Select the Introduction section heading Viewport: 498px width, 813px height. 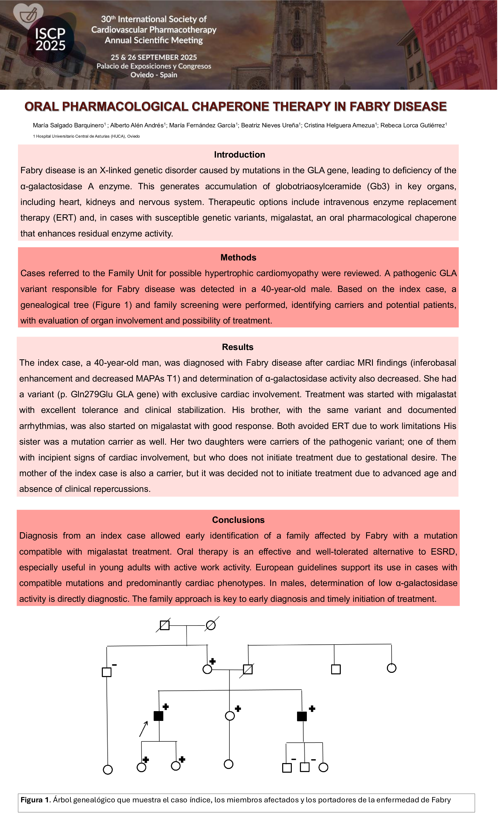239,155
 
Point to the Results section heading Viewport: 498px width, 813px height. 237,347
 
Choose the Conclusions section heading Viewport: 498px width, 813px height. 238,520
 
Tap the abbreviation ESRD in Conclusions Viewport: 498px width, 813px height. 444,552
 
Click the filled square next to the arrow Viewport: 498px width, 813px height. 159,716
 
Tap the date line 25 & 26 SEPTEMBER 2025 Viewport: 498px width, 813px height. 154,57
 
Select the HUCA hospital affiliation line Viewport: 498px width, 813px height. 86,136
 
